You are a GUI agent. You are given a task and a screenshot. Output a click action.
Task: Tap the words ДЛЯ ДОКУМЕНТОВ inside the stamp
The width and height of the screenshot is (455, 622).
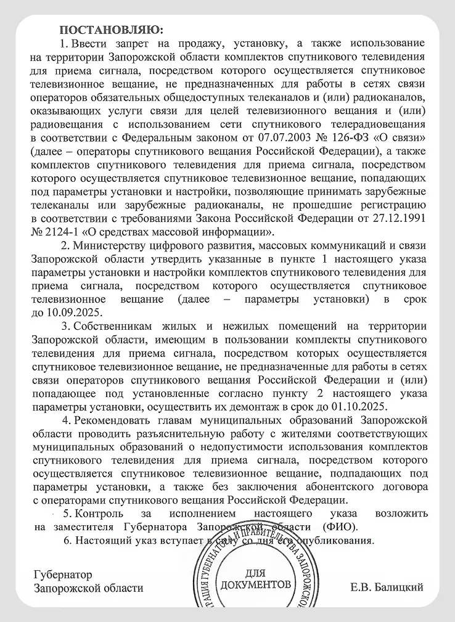(x=257, y=578)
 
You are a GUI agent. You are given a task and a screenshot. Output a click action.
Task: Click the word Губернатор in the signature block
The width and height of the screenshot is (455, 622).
(x=63, y=575)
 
